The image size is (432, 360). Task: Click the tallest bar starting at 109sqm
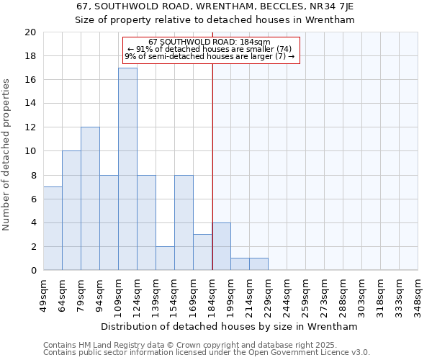click(x=127, y=169)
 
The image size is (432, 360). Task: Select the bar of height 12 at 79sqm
click(x=90, y=199)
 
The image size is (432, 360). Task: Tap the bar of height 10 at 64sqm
click(x=71, y=210)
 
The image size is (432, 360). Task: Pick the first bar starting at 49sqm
click(x=53, y=228)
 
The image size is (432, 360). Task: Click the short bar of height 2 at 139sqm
click(x=165, y=258)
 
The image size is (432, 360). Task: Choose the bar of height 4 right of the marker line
click(x=221, y=246)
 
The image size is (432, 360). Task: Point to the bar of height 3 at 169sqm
click(x=202, y=252)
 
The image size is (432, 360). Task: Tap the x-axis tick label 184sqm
click(x=212, y=294)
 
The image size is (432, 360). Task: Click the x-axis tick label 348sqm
click(x=418, y=294)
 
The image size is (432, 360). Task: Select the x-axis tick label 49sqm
click(x=44, y=294)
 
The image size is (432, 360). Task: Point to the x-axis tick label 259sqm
click(x=306, y=294)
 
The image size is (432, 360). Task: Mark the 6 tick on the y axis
click(x=32, y=199)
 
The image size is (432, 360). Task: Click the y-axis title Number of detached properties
click(x=7, y=151)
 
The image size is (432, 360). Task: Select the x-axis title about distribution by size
click(x=230, y=327)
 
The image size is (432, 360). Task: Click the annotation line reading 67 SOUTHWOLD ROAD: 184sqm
click(x=210, y=42)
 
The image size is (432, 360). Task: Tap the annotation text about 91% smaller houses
click(x=210, y=49)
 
